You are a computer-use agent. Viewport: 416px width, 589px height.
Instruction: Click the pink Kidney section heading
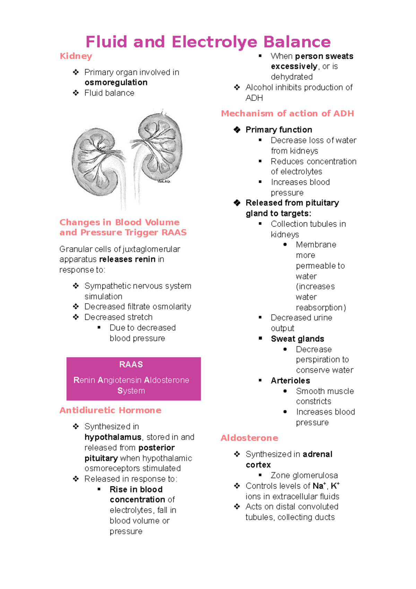pyautogui.click(x=76, y=56)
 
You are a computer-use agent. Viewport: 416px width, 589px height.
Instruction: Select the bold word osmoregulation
pyautogui.click(x=116, y=83)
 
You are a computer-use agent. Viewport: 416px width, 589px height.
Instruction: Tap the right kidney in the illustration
pyautogui.click(x=159, y=146)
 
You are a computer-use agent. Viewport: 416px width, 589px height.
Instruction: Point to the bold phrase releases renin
pyautogui.click(x=127, y=259)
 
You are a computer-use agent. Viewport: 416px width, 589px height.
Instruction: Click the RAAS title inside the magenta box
pyautogui.click(x=131, y=364)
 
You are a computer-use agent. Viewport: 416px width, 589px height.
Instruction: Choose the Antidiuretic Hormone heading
pyautogui.click(x=110, y=410)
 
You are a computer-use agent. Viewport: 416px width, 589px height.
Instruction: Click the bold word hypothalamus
pyautogui.click(x=113, y=437)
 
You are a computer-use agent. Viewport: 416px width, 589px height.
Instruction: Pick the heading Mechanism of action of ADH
pyautogui.click(x=287, y=113)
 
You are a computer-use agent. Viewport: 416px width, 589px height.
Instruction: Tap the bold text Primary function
pyautogui.click(x=279, y=130)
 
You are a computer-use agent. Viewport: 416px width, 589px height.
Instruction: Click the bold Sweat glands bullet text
pyautogui.click(x=297, y=339)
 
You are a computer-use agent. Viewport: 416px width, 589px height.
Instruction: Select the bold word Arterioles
pyautogui.click(x=291, y=381)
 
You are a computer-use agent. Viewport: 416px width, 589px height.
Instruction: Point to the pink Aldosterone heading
pyautogui.click(x=249, y=438)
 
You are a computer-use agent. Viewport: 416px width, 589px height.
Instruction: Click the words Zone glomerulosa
pyautogui.click(x=304, y=475)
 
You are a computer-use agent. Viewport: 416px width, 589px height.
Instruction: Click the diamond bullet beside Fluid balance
pyautogui.click(x=76, y=93)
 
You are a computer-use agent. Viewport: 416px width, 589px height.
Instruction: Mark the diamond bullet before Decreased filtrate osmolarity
pyautogui.click(x=76, y=307)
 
